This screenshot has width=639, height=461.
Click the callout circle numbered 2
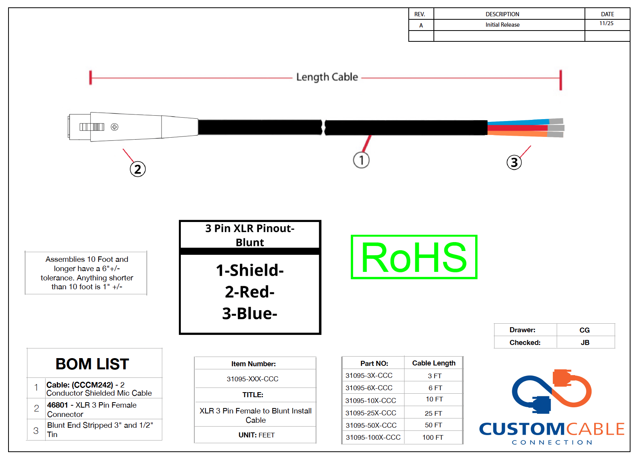138,169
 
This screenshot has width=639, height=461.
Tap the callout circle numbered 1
362,160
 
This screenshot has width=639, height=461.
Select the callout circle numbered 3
514,162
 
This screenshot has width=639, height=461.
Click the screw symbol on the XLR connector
114,127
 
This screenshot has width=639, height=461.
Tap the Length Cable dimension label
327,77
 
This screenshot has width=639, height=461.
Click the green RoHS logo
414,257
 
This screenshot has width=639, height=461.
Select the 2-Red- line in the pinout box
250,292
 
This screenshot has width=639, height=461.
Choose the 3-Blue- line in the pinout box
250,314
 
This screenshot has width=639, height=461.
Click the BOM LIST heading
92,364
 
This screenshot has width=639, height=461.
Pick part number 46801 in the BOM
58,405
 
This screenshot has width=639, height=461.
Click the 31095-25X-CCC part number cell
371,413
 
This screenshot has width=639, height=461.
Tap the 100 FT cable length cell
433,437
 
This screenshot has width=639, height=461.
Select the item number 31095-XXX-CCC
252,379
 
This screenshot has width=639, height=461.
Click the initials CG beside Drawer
585,330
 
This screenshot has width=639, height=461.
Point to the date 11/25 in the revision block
607,24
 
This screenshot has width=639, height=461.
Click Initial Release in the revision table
503,25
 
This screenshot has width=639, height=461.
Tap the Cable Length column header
433,363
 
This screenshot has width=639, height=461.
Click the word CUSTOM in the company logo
522,429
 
